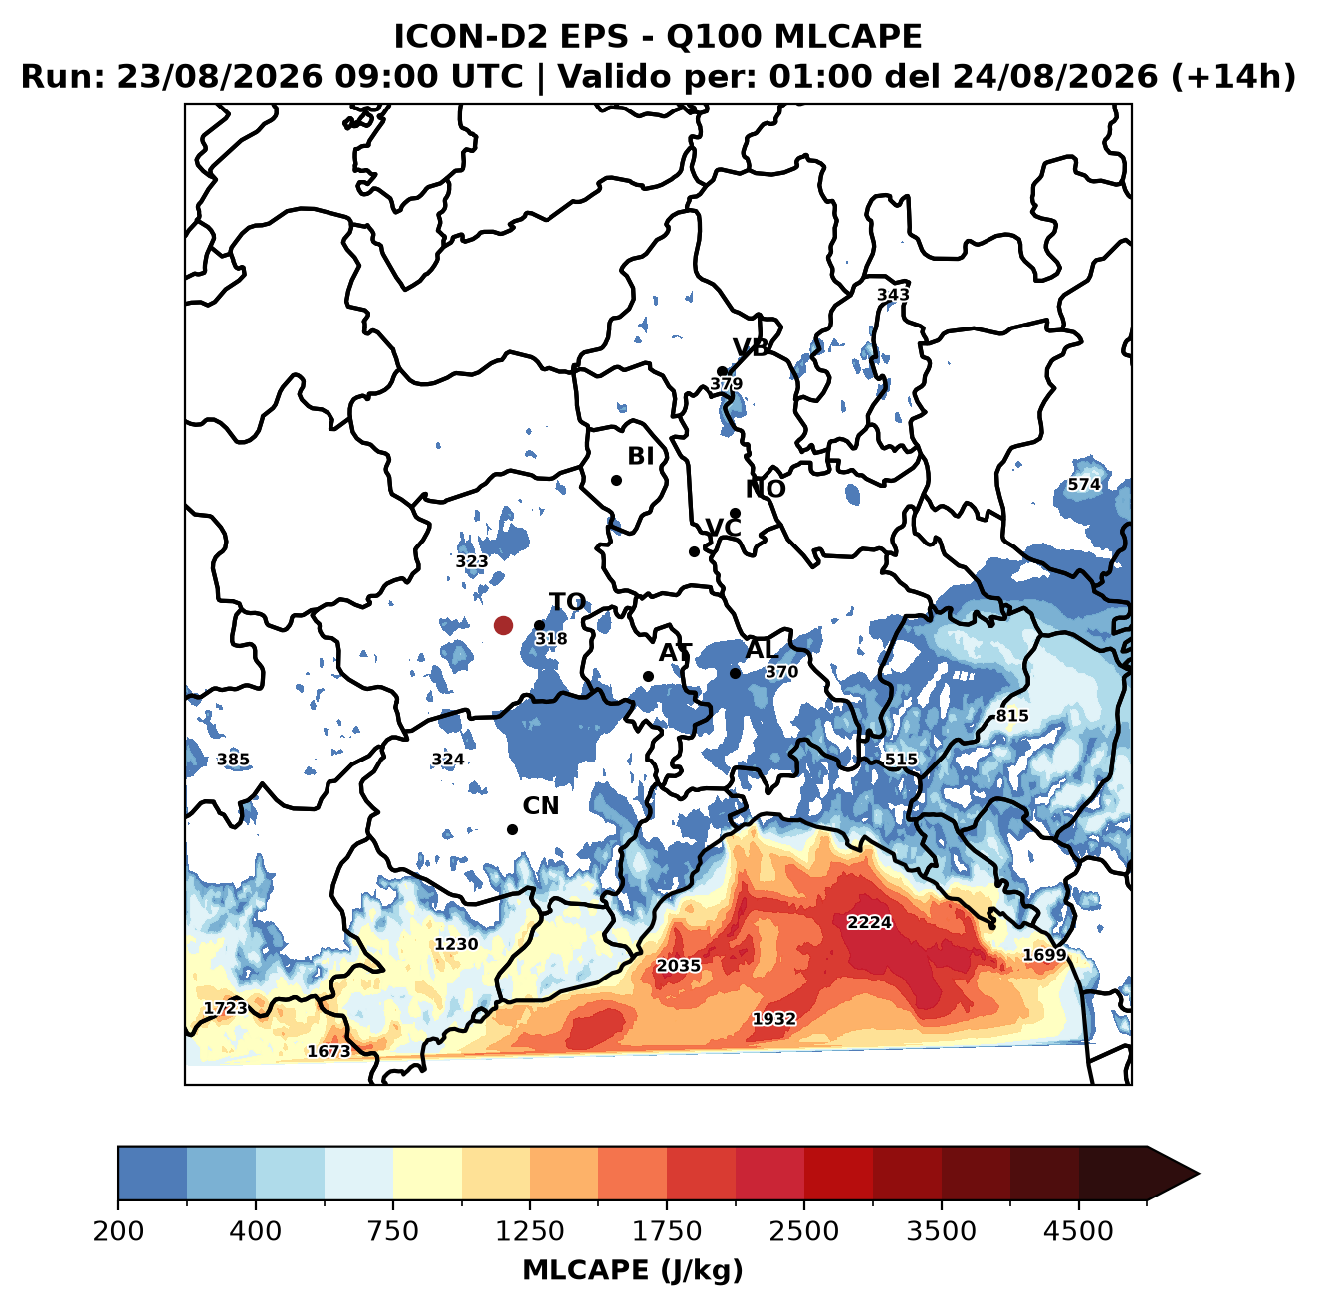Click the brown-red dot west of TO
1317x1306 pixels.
(x=503, y=625)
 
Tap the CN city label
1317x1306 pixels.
(x=540, y=805)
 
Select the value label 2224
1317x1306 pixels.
(x=869, y=922)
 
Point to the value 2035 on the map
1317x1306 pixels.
(x=678, y=965)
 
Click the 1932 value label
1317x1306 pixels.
(x=773, y=1019)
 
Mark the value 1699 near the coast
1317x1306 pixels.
(x=1043, y=954)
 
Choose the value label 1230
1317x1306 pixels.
(x=456, y=944)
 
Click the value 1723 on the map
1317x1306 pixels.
(x=226, y=1008)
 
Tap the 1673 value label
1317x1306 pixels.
(x=329, y=1051)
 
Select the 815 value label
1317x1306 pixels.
(x=1011, y=716)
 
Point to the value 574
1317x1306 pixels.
(x=1084, y=484)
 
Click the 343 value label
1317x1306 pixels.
(x=893, y=294)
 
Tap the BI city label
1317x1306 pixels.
(x=640, y=456)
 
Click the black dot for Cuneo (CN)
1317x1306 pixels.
(x=512, y=829)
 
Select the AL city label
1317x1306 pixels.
(x=761, y=649)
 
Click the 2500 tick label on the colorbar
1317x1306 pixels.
(x=803, y=1231)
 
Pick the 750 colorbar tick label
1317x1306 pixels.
(x=392, y=1231)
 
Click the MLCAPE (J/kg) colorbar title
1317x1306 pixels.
(x=632, y=1270)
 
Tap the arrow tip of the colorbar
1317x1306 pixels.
(x=1199, y=1174)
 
